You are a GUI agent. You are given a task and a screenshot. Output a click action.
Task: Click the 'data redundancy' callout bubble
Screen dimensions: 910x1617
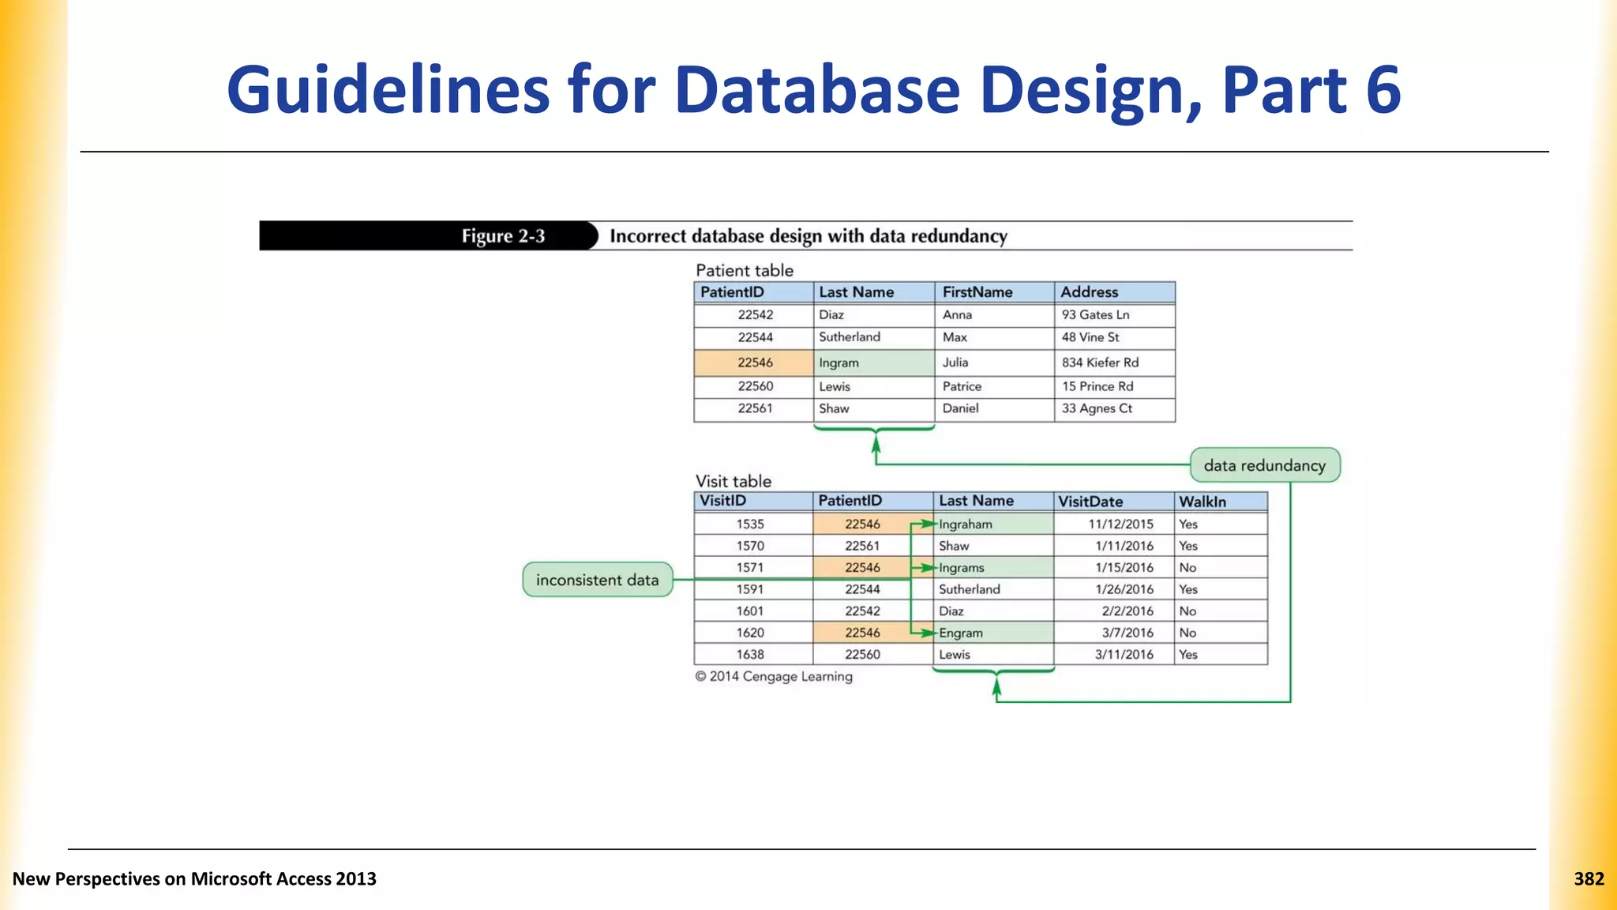(x=1264, y=465)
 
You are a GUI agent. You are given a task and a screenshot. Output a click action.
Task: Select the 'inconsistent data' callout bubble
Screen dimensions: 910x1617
(x=597, y=580)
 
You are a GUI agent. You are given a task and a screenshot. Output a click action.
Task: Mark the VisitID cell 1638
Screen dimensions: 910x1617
(x=750, y=655)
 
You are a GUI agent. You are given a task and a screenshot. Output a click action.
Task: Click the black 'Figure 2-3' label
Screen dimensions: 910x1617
(x=503, y=236)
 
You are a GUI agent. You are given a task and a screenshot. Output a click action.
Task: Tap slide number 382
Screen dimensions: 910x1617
(x=1589, y=879)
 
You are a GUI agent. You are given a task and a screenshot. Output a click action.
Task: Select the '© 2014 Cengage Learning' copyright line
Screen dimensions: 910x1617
(x=774, y=677)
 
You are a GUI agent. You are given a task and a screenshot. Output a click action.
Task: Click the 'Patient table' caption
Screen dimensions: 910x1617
(x=744, y=270)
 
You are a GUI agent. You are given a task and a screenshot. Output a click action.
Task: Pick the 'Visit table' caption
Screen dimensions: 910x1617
(x=733, y=481)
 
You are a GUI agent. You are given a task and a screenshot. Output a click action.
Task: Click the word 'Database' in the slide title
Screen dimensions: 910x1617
(x=816, y=90)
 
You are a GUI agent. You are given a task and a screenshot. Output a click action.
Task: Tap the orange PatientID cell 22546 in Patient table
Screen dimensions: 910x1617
(x=755, y=363)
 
